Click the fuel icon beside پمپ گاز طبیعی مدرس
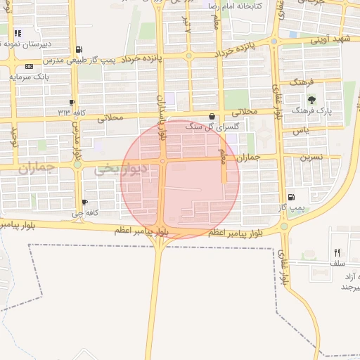[x=77, y=50]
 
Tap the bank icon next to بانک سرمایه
[x=29, y=66]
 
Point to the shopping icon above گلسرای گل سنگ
[x=212, y=117]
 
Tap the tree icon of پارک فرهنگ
[x=311, y=100]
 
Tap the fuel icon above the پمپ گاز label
[x=291, y=198]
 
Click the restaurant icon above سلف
[x=337, y=252]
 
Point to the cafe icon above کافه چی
[x=84, y=202]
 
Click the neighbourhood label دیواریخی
[x=120, y=169]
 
